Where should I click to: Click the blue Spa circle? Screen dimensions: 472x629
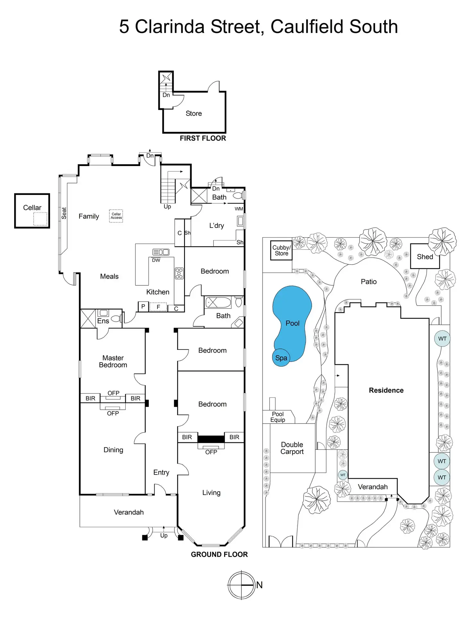click(x=281, y=358)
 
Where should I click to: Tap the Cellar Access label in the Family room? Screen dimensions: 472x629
click(x=116, y=216)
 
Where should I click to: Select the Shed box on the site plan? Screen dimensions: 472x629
click(x=425, y=256)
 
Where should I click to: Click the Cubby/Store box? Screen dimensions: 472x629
click(x=281, y=250)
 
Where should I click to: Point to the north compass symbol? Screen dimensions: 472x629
click(x=241, y=585)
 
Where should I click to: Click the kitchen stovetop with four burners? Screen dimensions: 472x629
click(x=179, y=273)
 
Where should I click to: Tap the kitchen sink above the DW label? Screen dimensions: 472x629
click(x=161, y=252)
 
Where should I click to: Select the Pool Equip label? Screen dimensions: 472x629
click(x=278, y=417)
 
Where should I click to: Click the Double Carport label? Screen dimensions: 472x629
click(x=292, y=448)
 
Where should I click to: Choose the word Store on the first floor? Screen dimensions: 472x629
click(x=194, y=113)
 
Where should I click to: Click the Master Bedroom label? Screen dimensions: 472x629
click(x=113, y=361)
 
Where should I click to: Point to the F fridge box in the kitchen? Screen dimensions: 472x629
click(x=158, y=307)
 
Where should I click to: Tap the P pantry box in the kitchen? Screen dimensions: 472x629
click(x=143, y=306)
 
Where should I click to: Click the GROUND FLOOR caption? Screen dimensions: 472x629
click(x=219, y=554)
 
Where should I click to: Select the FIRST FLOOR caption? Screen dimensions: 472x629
click(x=203, y=138)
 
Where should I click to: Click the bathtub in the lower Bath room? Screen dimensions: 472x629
click(x=218, y=302)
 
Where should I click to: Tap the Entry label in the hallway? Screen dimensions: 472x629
click(x=161, y=472)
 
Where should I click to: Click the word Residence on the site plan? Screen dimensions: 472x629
click(x=386, y=390)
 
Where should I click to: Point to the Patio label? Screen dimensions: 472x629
click(x=368, y=281)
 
